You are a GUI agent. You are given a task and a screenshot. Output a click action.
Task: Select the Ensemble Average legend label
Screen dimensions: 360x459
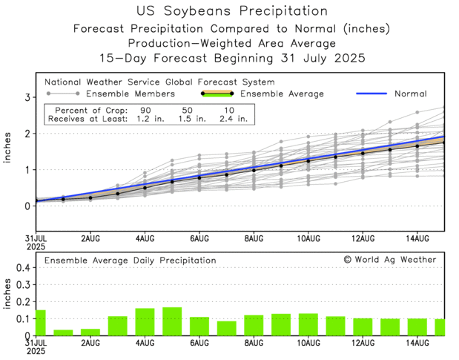click(283, 94)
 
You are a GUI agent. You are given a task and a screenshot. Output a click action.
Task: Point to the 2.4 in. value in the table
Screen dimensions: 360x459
click(236, 117)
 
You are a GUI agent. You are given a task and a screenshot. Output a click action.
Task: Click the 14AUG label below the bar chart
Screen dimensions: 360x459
click(417, 344)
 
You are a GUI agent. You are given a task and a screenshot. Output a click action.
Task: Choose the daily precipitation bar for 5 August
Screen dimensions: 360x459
click(172, 321)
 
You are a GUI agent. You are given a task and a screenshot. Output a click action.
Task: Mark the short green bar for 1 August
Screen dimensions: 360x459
click(63, 332)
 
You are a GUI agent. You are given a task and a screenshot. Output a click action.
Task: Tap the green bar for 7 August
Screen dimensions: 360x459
click(226, 327)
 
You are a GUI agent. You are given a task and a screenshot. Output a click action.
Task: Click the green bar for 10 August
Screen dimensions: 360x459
click(308, 324)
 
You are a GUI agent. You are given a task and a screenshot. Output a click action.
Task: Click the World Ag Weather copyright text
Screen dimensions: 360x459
click(390, 260)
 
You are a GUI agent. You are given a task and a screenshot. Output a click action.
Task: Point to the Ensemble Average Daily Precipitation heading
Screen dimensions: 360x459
click(131, 261)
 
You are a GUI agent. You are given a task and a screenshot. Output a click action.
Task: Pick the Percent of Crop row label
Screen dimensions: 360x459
click(86, 109)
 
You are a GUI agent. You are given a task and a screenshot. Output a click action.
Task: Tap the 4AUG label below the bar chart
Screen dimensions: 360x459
click(145, 344)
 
